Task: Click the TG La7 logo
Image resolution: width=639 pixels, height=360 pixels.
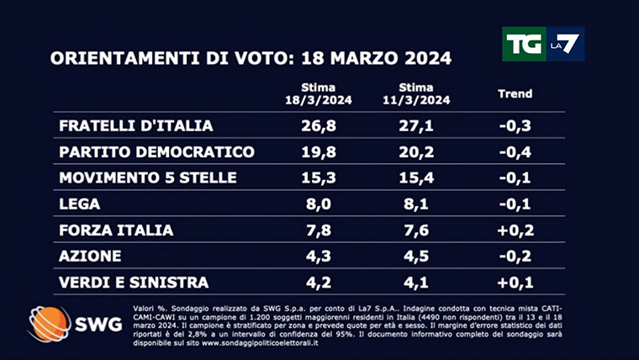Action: pyautogui.click(x=542, y=44)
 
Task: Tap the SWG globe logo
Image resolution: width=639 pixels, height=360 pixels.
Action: pyautogui.click(x=52, y=323)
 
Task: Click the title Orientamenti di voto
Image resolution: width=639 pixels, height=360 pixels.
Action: pyautogui.click(x=251, y=59)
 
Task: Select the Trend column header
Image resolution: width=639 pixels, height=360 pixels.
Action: pyautogui.click(x=515, y=94)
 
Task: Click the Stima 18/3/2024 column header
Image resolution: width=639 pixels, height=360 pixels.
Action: pyautogui.click(x=319, y=94)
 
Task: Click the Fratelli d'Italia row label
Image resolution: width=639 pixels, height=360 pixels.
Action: pyautogui.click(x=136, y=126)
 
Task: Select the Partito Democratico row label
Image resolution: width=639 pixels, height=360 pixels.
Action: pyautogui.click(x=157, y=152)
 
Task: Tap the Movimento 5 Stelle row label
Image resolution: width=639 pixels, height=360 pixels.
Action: pyautogui.click(x=148, y=178)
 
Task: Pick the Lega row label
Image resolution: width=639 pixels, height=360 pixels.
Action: pyautogui.click(x=80, y=204)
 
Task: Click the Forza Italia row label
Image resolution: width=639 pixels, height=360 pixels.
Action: pyautogui.click(x=117, y=230)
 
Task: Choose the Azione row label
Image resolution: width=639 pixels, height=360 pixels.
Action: pyautogui.click(x=90, y=257)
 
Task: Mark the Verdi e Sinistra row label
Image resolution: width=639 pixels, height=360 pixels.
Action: pyautogui.click(x=134, y=283)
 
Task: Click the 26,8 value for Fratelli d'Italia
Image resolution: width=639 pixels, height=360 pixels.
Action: pyautogui.click(x=319, y=126)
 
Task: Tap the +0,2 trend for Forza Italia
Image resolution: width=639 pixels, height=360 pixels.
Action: pyautogui.click(x=515, y=230)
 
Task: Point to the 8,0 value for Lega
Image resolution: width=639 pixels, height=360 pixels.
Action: pyautogui.click(x=319, y=204)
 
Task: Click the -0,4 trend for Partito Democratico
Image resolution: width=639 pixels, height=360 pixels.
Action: pyautogui.click(x=515, y=152)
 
